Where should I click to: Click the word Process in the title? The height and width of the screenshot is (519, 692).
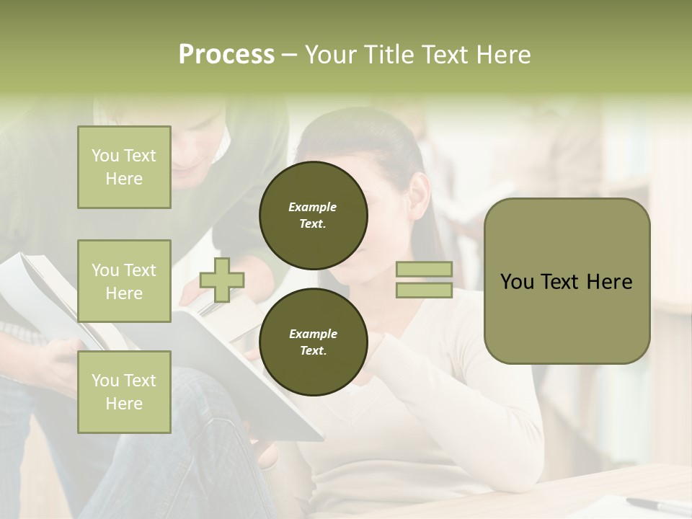click(x=226, y=55)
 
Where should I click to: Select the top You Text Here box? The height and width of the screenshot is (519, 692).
click(x=124, y=167)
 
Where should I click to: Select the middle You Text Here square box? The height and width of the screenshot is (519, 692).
click(x=124, y=281)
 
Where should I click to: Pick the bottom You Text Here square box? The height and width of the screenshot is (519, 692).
click(x=124, y=392)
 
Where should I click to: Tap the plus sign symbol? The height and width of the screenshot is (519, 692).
click(x=222, y=280)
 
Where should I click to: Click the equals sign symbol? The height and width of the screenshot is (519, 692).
click(x=424, y=280)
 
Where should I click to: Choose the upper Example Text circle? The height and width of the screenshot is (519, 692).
click(x=313, y=216)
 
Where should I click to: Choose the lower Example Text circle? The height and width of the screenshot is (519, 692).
click(x=313, y=342)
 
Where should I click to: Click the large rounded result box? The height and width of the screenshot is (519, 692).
click(x=567, y=281)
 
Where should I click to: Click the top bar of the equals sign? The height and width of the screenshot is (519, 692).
click(x=424, y=270)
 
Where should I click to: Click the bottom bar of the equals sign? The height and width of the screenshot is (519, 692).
click(x=424, y=290)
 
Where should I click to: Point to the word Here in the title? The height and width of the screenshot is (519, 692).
click(x=502, y=55)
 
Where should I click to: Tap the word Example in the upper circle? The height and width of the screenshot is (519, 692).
click(x=313, y=207)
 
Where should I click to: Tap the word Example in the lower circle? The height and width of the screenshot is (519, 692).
click(x=313, y=334)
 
